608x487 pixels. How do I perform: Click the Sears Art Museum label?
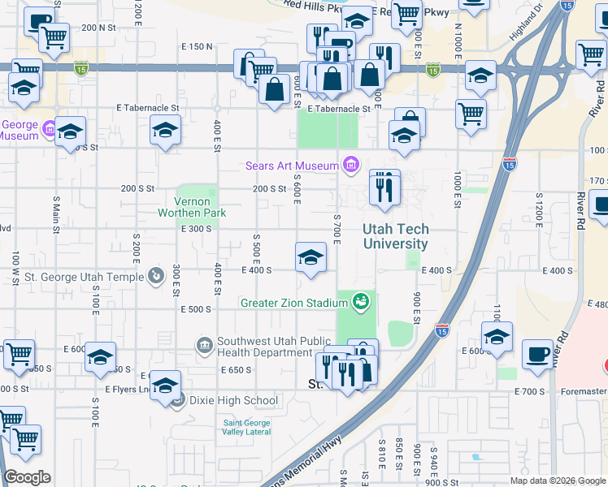(x=292, y=166)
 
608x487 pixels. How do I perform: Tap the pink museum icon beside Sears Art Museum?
(x=351, y=166)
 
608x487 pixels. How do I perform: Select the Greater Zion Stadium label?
(x=293, y=303)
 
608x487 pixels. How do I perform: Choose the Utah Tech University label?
(x=396, y=236)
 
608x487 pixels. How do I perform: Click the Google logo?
(x=27, y=477)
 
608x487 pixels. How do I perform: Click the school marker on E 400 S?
(x=310, y=259)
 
